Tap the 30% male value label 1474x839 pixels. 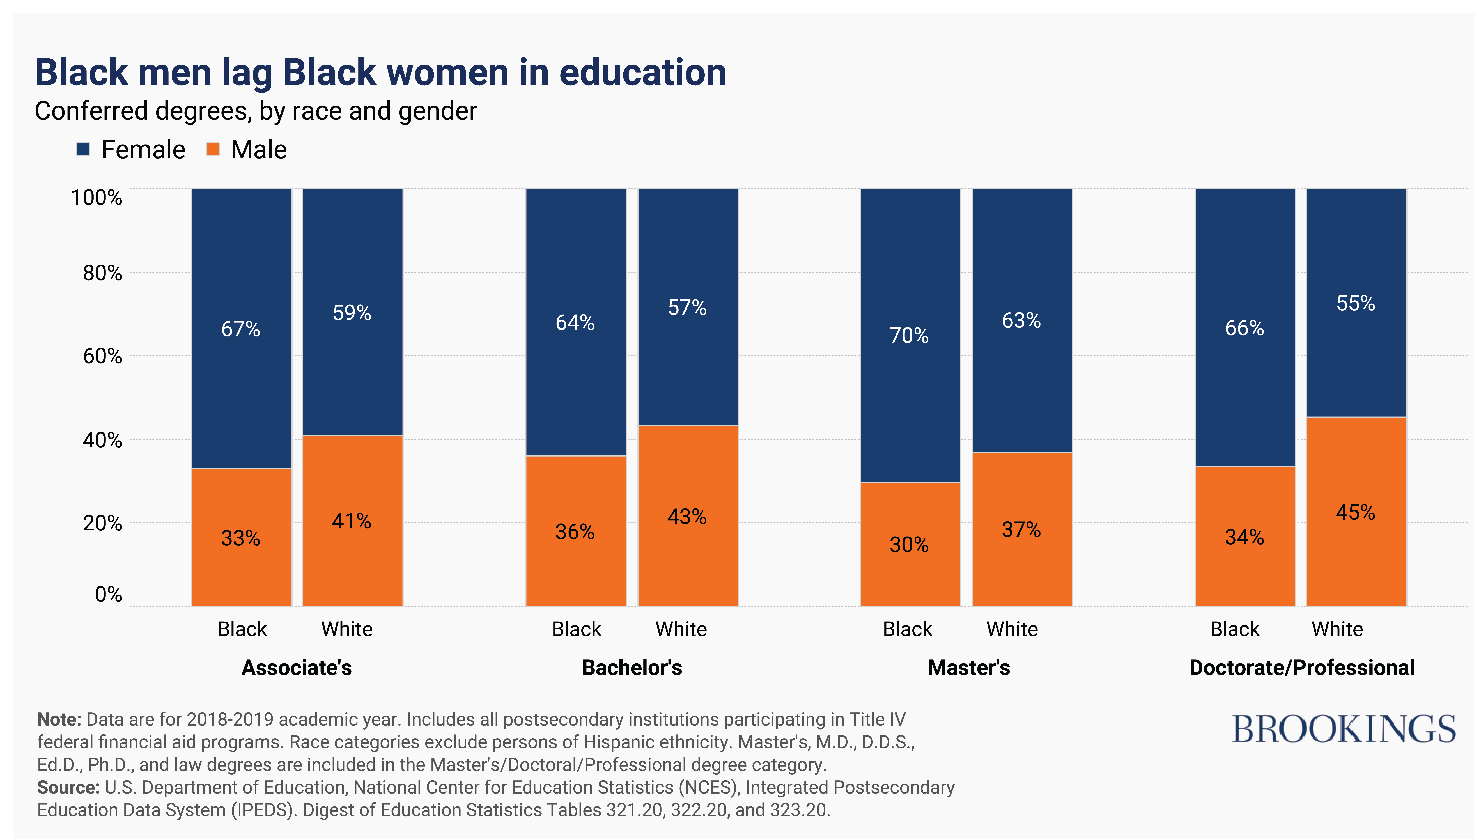(x=909, y=545)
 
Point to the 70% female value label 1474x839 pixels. (x=909, y=335)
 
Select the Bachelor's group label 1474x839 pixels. (x=632, y=667)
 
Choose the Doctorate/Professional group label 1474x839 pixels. (x=1302, y=667)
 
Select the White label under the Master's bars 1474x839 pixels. (x=1012, y=629)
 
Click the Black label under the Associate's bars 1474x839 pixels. (x=242, y=629)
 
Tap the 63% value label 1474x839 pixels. (x=1021, y=320)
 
